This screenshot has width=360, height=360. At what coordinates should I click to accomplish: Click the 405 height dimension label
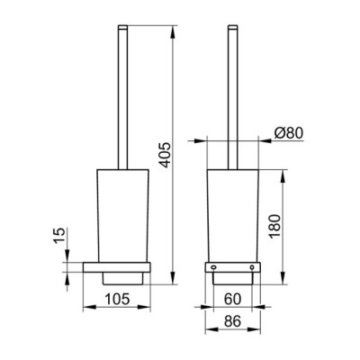tap(165, 155)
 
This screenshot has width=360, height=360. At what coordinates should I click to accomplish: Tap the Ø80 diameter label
tap(289, 133)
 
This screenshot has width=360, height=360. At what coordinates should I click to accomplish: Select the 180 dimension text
tap(274, 227)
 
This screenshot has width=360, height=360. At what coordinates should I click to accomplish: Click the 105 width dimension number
tap(117, 299)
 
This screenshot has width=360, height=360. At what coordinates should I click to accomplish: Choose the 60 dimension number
tap(232, 299)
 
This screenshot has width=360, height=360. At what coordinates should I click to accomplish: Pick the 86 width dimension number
tap(232, 321)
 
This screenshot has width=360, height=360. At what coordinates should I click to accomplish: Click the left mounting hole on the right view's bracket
tap(213, 267)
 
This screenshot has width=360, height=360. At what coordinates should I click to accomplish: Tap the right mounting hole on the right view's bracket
tap(252, 267)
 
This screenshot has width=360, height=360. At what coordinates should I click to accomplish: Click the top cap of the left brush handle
tap(123, 27)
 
